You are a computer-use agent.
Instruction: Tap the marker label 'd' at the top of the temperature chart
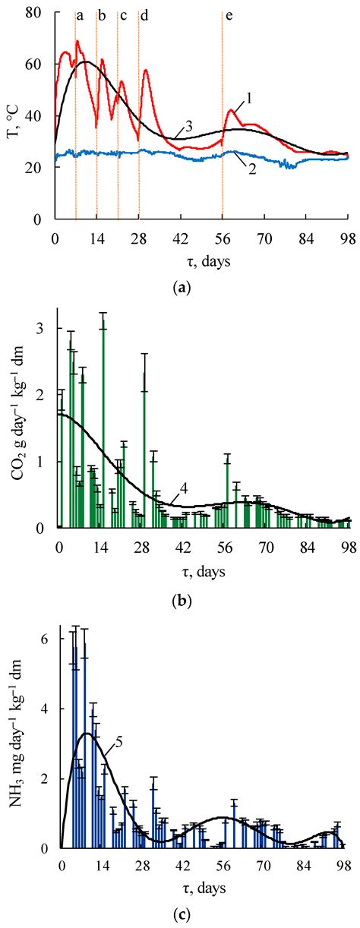coord(144,16)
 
